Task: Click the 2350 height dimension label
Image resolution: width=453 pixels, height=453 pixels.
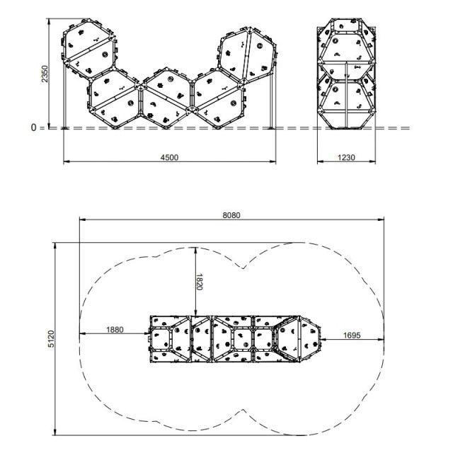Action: pos(45,74)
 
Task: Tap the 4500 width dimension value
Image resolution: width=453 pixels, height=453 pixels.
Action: pos(170,157)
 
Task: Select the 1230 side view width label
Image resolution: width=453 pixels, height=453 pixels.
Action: pos(346,157)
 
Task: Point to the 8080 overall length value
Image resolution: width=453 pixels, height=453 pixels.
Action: pos(231,215)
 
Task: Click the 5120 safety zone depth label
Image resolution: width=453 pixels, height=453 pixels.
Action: pos(51,338)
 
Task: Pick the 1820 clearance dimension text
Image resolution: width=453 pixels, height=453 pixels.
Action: pos(200,282)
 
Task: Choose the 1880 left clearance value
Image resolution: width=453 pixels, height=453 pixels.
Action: pos(115,330)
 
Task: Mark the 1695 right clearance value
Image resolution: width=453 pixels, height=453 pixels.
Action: pos(352,335)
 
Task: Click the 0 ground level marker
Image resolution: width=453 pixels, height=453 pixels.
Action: pos(33,127)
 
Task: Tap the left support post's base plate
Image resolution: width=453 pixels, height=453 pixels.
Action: pos(64,128)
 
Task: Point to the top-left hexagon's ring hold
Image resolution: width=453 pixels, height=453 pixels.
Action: pos(105,55)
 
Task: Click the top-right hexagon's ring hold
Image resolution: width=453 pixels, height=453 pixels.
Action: pos(259,46)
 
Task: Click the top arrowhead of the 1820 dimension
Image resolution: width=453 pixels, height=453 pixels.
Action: pos(196,250)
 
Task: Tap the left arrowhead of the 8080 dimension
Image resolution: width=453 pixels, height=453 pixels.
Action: pos(83,219)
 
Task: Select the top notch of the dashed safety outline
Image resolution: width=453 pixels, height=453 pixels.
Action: pos(243,268)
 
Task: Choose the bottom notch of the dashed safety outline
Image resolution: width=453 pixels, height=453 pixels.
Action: pos(243,410)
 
